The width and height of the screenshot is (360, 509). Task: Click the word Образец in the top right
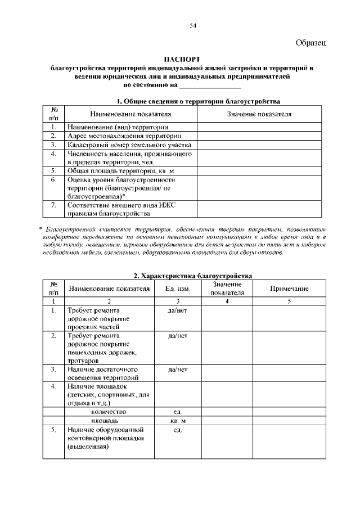tap(311, 43)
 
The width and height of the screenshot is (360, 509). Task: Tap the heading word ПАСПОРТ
tap(182, 58)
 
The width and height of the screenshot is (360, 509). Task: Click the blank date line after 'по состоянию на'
tap(209, 85)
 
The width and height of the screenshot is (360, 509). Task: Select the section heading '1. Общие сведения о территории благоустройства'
tap(198, 101)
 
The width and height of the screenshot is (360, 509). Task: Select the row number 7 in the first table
tap(53, 205)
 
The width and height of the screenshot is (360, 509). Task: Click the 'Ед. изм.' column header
tap(177, 289)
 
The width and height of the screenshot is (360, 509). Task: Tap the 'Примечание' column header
tap(289, 289)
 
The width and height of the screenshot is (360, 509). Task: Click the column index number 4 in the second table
tap(227, 301)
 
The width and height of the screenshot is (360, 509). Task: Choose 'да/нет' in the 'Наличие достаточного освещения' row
tap(177, 370)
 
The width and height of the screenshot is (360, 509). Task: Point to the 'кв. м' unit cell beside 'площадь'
tap(177, 421)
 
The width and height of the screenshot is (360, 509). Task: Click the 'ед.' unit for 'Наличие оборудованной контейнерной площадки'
tap(177, 430)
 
